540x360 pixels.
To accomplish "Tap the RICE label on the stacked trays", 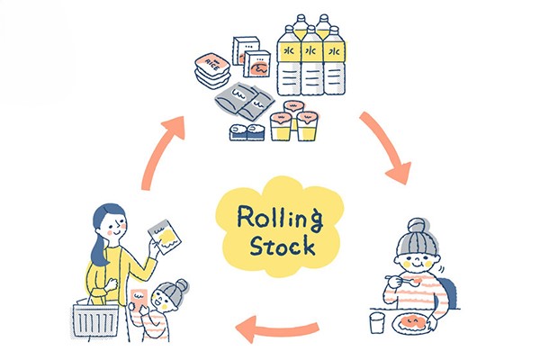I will coord(209,63).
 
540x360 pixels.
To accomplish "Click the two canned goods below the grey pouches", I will coord(246,132).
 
